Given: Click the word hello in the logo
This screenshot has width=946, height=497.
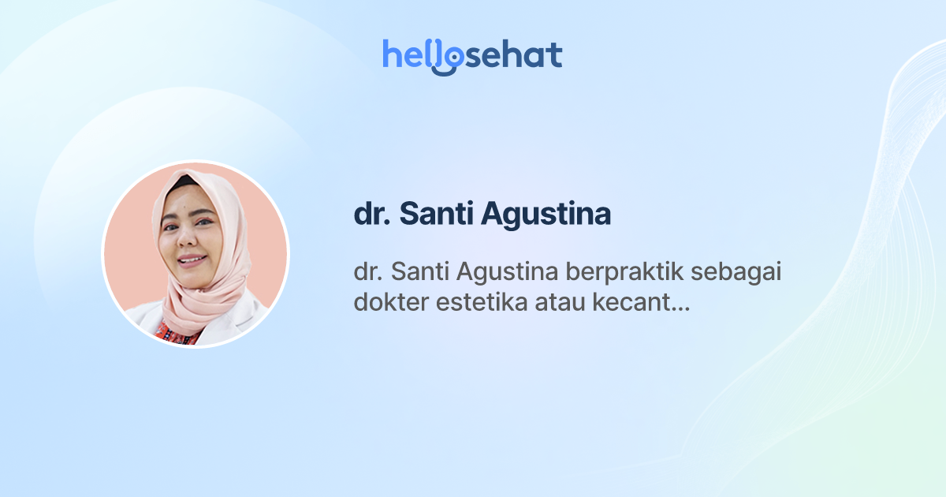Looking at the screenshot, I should pos(418,54).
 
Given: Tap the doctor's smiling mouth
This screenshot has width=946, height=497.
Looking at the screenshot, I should pos(192,258).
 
